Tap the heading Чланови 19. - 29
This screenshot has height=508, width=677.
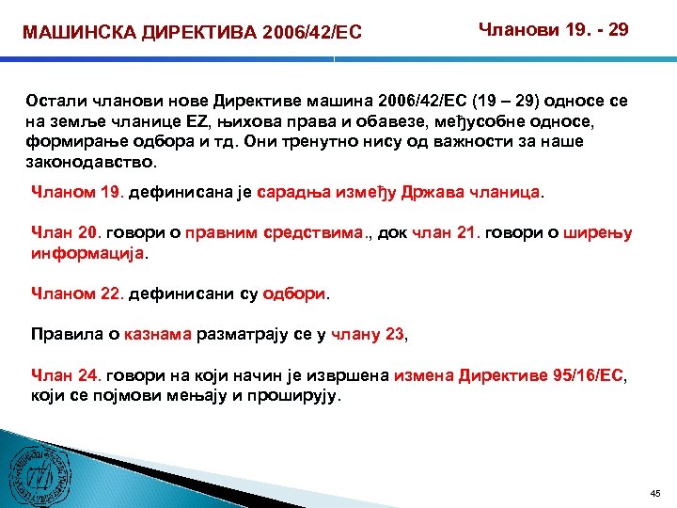click(x=554, y=30)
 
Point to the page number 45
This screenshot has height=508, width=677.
click(x=655, y=493)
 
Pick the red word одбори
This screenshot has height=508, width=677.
click(x=293, y=294)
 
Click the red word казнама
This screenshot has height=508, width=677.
click(x=162, y=333)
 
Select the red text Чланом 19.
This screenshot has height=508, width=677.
click(x=77, y=192)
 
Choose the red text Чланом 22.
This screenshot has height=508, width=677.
click(x=77, y=294)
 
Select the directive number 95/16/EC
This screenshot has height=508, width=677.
click(x=576, y=375)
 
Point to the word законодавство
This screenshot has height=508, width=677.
click(x=86, y=161)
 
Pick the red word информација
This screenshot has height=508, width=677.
click(x=89, y=253)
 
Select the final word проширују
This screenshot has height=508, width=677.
click(x=299, y=395)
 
